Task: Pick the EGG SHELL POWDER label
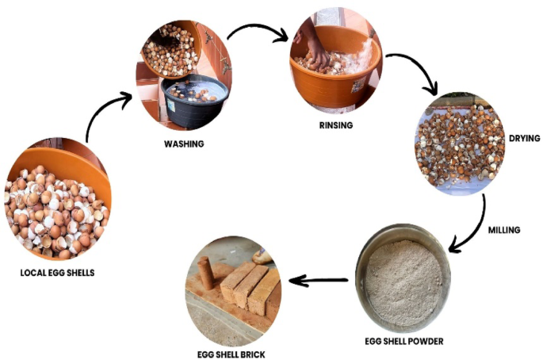click(405, 342)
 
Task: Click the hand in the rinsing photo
click(317, 54)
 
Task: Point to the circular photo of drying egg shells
click(460, 141)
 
